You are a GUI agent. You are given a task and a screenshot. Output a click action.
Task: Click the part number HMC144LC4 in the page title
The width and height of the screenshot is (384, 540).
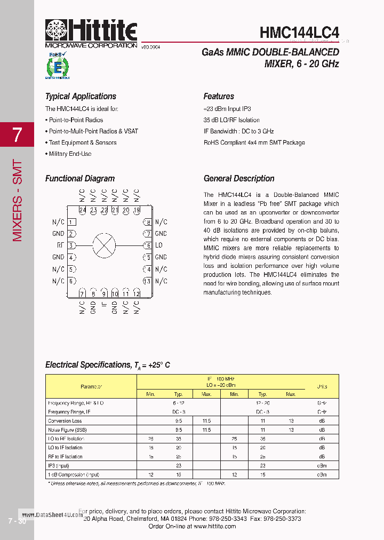[x=299, y=33]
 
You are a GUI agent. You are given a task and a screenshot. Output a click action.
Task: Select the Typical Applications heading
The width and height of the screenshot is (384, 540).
[x=81, y=97]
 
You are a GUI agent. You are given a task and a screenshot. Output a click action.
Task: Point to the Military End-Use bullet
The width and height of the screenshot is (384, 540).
[x=70, y=154]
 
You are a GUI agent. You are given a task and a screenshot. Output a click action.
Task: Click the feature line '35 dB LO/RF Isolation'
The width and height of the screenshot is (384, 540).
[x=231, y=120]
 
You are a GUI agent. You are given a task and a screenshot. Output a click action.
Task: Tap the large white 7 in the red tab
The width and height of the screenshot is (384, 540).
[x=17, y=135]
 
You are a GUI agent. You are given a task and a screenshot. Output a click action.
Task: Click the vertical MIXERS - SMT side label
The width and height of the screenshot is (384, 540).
[x=18, y=200]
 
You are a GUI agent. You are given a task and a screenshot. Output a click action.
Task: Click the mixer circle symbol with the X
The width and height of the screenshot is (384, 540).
[x=104, y=245]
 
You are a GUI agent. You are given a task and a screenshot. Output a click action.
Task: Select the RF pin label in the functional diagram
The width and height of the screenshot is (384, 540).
[x=60, y=245]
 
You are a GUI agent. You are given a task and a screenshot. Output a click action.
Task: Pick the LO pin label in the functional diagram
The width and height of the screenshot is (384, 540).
[x=158, y=245]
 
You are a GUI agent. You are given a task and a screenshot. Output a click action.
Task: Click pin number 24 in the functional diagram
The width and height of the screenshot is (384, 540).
[x=82, y=210]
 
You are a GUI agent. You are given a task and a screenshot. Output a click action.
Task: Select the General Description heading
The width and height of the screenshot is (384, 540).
[x=239, y=179]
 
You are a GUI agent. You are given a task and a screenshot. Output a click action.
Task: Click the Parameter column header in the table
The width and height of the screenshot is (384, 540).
[x=91, y=386]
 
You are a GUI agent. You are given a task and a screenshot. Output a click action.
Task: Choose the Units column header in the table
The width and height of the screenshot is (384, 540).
[x=322, y=386]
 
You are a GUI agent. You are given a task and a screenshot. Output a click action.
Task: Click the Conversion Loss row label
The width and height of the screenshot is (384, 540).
[x=65, y=421]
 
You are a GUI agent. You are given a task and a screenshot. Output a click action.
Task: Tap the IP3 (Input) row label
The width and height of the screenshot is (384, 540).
[x=59, y=465]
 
